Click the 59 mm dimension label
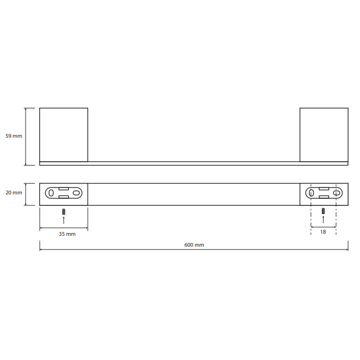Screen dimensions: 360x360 (x=14, y=136)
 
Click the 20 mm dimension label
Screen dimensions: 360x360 (x=14, y=193)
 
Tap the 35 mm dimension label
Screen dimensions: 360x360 (x=67, y=234)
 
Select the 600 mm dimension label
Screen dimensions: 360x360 (x=194, y=245)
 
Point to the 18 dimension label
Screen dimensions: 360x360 (x=323, y=232)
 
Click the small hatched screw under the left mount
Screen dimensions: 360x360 (x=64, y=211)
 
